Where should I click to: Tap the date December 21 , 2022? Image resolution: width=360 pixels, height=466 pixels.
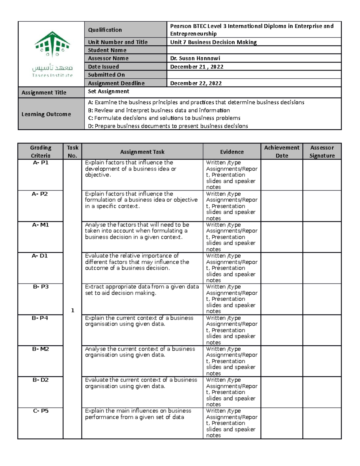196,67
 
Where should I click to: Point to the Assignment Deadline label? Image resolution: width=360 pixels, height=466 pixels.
116,83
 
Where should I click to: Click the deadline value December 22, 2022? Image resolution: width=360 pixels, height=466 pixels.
196,83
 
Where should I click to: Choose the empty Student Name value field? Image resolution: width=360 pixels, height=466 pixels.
253,50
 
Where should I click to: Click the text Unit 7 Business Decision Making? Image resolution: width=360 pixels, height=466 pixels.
213,42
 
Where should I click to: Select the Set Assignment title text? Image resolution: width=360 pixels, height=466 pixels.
108,91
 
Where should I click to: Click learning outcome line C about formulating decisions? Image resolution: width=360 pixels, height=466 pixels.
164,118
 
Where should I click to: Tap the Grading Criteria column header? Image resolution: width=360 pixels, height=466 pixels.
40,152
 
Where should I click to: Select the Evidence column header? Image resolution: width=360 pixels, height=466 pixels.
232,152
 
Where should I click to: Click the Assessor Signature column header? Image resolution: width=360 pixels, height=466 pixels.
322,152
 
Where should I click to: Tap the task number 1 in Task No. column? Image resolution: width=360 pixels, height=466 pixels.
72,310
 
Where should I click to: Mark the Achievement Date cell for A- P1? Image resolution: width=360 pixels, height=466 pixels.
281,175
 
